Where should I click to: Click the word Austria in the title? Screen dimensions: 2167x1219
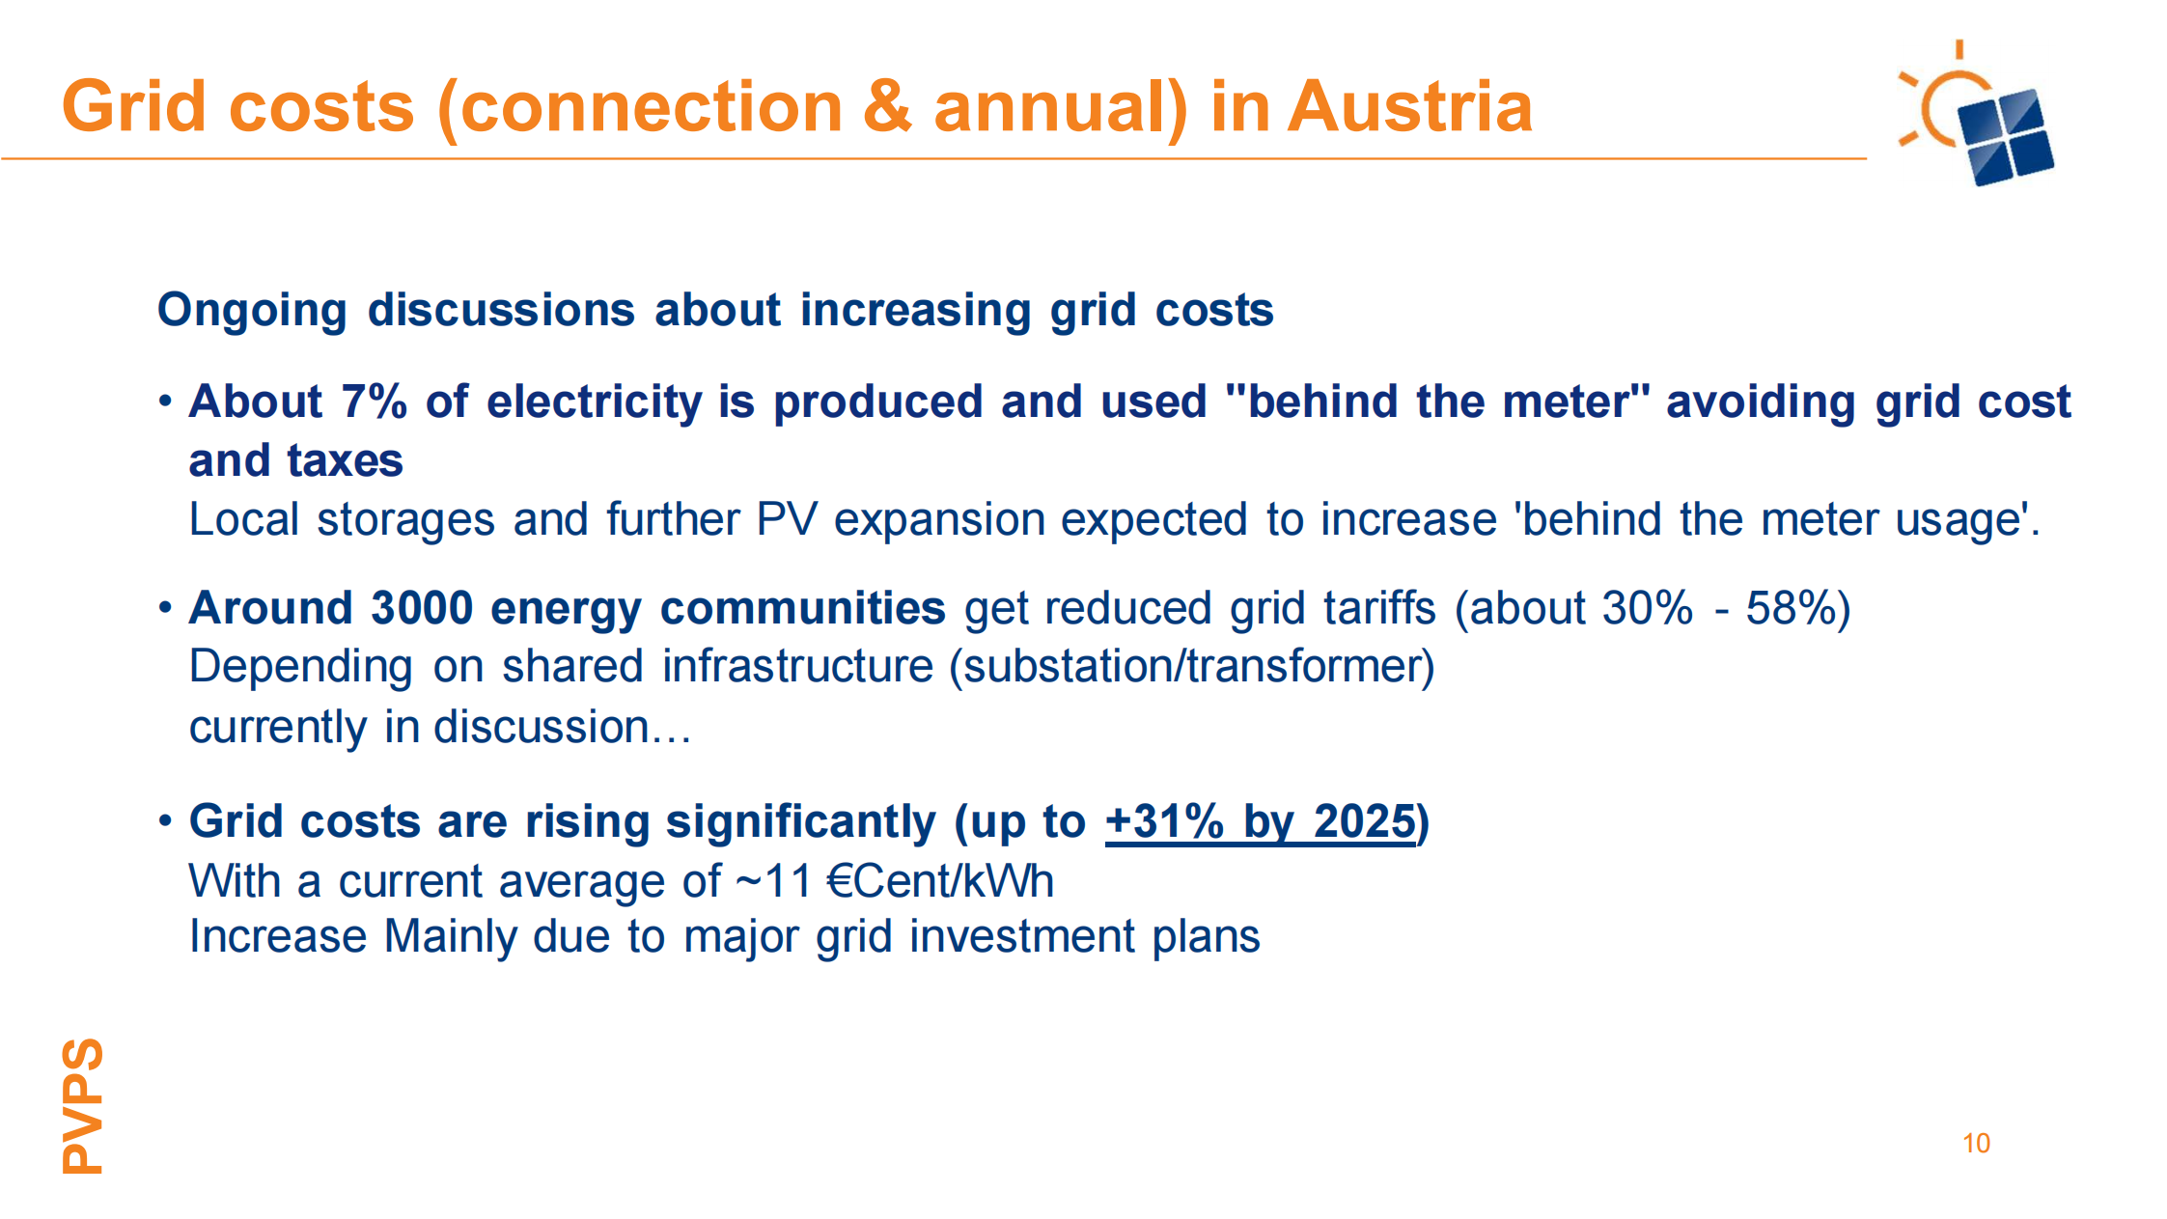tap(1409, 106)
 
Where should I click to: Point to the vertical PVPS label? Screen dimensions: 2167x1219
tap(82, 1105)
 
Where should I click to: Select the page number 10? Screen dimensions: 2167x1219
tap(1976, 1144)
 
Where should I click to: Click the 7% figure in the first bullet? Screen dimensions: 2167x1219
tap(374, 402)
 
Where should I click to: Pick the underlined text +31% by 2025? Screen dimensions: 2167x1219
tap(1260, 822)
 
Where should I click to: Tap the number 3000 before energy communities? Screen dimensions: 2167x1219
tap(422, 608)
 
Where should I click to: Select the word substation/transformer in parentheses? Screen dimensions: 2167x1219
tap(1192, 667)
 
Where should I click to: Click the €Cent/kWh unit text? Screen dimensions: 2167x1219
tap(940, 881)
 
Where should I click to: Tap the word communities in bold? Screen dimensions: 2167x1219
tap(802, 608)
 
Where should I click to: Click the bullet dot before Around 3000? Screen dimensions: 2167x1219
tap(165, 608)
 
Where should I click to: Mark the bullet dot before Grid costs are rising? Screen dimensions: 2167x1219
tap(165, 821)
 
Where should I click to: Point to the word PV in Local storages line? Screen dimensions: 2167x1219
tap(787, 519)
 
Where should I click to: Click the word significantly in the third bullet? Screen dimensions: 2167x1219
tap(800, 823)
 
